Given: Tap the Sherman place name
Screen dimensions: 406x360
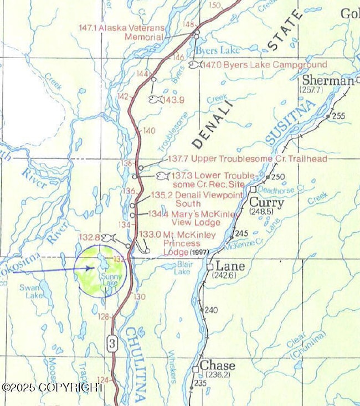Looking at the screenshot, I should pyautogui.click(x=328, y=80).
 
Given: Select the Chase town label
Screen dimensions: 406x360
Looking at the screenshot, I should pyautogui.click(x=217, y=366).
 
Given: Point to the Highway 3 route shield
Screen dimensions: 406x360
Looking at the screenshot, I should pyautogui.click(x=112, y=343).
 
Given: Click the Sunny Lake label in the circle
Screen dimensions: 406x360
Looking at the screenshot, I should pyautogui.click(x=109, y=279).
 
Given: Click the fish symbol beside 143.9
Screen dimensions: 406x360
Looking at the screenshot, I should pyautogui.click(x=156, y=99).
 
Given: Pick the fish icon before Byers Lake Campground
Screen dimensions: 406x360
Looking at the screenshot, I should pyautogui.click(x=194, y=65).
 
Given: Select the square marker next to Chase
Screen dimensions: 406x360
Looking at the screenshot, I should pyautogui.click(x=196, y=368).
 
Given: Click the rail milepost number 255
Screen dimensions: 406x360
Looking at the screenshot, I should pyautogui.click(x=338, y=116).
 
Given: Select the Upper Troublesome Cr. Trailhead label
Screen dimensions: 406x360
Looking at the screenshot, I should pyautogui.click(x=247, y=159).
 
